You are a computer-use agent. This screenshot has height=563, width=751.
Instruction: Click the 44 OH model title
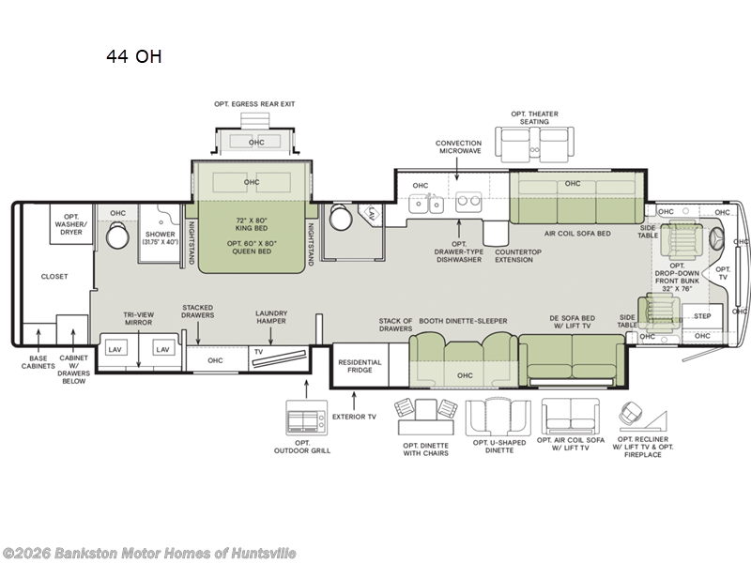click(134, 56)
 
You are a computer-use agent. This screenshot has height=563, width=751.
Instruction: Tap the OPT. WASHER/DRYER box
click(71, 224)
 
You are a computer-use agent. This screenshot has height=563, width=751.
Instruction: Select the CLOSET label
click(54, 276)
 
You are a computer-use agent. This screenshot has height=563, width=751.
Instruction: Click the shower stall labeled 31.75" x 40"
click(160, 234)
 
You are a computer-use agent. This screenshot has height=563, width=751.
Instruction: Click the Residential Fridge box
click(360, 365)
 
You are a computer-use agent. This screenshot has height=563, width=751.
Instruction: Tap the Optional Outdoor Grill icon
click(307, 418)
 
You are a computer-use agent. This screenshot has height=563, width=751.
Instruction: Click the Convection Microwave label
click(458, 146)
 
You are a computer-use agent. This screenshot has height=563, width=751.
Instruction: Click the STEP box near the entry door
click(702, 316)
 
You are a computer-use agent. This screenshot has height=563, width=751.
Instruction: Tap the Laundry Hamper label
click(271, 317)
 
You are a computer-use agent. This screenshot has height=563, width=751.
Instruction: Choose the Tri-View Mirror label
click(138, 318)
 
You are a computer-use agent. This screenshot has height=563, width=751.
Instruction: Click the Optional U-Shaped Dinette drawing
click(498, 418)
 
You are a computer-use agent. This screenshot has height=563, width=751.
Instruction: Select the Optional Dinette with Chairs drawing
click(425, 417)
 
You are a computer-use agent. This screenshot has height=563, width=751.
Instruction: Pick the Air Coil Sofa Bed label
click(577, 234)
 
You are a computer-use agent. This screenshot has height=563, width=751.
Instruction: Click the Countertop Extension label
click(518, 255)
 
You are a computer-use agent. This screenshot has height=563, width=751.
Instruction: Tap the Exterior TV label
click(355, 417)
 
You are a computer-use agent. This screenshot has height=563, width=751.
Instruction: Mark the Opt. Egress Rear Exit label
click(254, 104)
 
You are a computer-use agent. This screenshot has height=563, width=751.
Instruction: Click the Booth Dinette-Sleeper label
click(463, 321)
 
